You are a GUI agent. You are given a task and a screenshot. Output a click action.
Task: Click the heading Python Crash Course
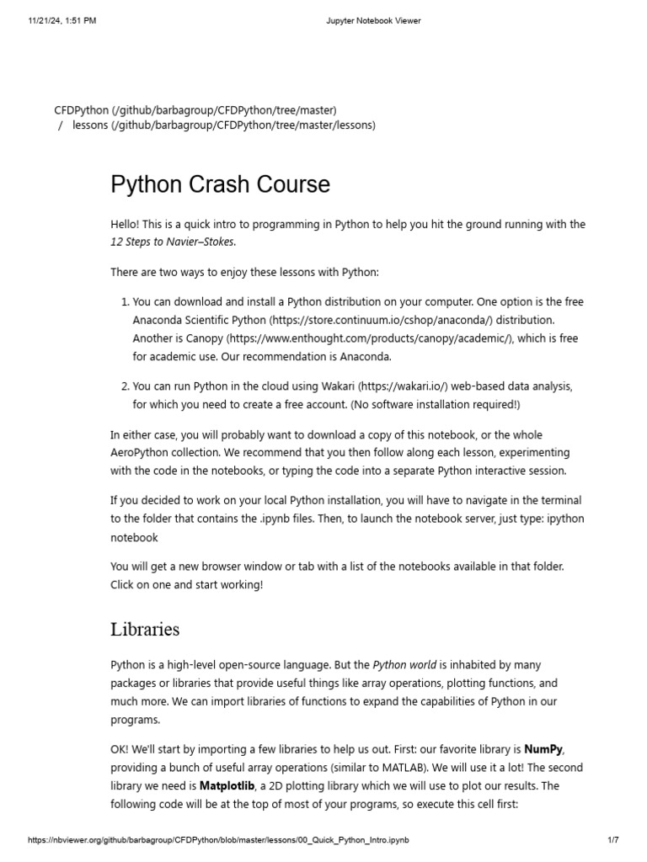point(220,184)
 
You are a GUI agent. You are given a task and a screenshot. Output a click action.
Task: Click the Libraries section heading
point(145,629)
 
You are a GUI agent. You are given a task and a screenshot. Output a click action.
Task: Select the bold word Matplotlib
point(227,785)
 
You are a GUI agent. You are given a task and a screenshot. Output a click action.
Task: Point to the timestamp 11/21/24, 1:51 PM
point(62,21)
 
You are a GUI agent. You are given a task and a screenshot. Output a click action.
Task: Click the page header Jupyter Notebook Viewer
point(372,21)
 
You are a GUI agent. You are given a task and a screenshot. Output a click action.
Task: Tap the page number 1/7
point(613,841)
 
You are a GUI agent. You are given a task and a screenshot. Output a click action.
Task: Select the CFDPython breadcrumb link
point(81,110)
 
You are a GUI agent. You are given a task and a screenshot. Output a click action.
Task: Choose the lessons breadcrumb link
point(90,125)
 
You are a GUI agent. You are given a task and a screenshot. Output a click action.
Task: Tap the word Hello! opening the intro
point(126,225)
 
